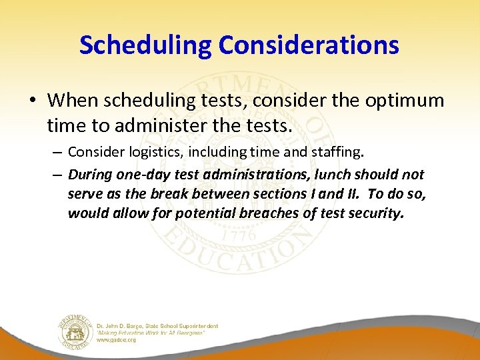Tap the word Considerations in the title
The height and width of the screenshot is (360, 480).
308,45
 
